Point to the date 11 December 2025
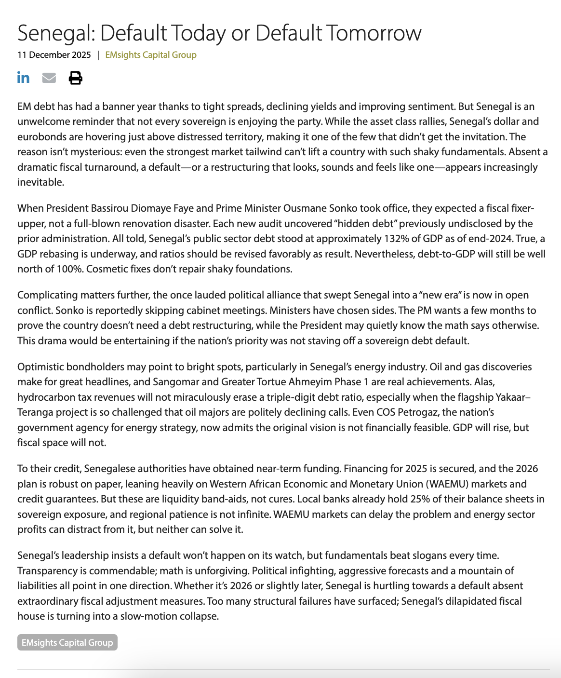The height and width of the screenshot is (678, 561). click(x=54, y=55)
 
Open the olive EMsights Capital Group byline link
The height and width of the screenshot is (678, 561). click(x=151, y=55)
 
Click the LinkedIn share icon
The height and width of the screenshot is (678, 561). click(x=23, y=77)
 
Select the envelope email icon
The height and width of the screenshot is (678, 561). click(x=49, y=77)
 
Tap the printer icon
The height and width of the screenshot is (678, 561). click(x=75, y=77)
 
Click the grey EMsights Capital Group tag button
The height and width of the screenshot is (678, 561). click(x=67, y=642)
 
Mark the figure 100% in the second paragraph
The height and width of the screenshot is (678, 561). click(x=70, y=269)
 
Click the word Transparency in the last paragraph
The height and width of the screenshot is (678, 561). click(x=45, y=571)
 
